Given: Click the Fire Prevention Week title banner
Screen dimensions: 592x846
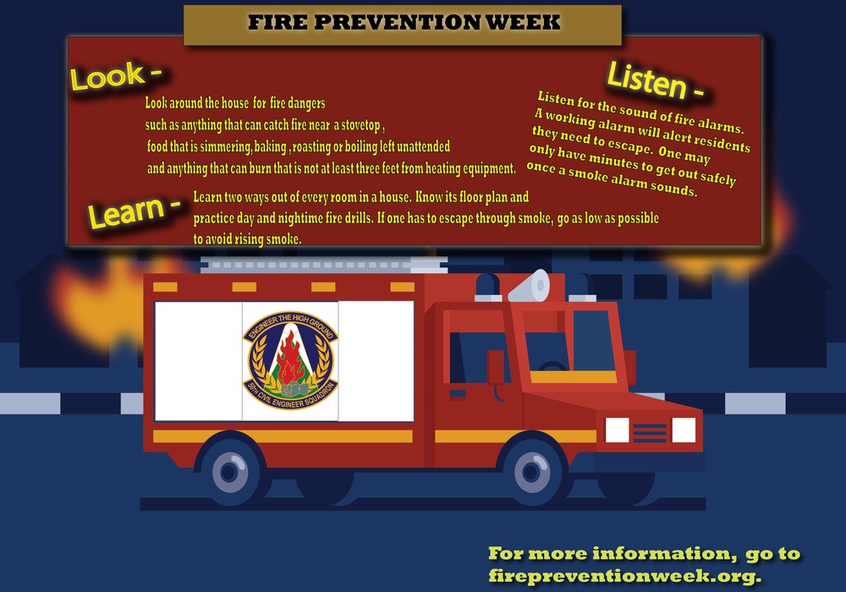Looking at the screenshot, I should [x=403, y=24].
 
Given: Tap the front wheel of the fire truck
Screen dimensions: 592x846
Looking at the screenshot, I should [x=531, y=469].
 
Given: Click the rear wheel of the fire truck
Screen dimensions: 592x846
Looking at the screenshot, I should [x=230, y=469].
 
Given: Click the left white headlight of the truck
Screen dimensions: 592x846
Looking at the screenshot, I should [x=617, y=430].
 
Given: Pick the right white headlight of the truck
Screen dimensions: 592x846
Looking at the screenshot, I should [x=684, y=430].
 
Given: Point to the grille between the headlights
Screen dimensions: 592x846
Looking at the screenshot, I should [x=650, y=432].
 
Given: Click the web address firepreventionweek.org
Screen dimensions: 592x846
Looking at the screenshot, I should [x=624, y=575].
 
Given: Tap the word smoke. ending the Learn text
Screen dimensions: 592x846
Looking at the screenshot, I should [x=283, y=240].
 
